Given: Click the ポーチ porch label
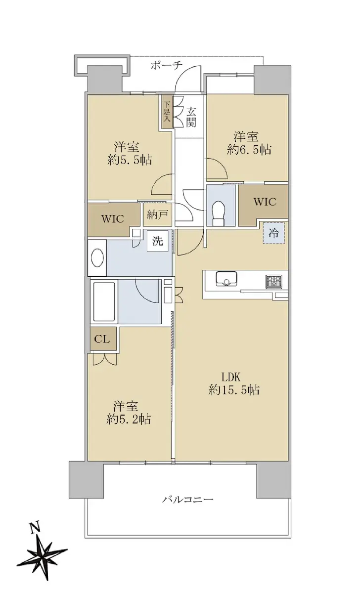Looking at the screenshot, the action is click(167, 65).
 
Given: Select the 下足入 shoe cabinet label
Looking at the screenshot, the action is click(166, 112).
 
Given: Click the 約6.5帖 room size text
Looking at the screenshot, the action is click(249, 150).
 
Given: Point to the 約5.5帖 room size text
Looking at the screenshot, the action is click(130, 160).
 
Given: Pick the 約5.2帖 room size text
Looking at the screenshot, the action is click(129, 419).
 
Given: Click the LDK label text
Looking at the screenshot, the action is click(231, 377).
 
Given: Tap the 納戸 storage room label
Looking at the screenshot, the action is click(157, 214).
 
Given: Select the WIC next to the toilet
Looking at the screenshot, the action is click(265, 202).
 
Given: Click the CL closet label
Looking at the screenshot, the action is click(102, 339).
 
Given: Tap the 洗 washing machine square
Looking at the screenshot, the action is click(158, 241).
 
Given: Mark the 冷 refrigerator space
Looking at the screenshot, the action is click(274, 233).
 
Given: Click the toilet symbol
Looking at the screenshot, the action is click(219, 213).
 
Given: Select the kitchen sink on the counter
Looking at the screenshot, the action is click(226, 279).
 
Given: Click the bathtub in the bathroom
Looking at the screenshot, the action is click(104, 301).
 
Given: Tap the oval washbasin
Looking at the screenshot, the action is click(97, 258).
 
